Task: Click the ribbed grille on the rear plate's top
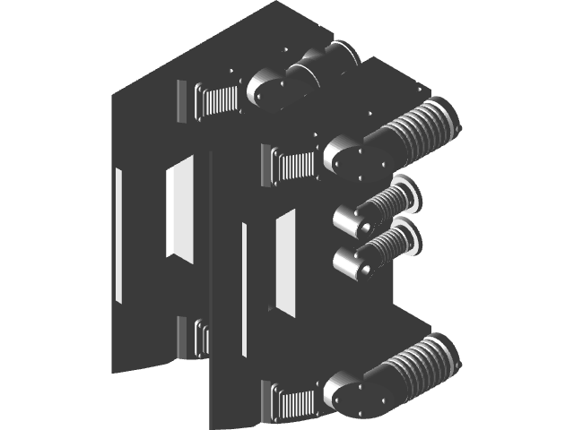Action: [219, 99]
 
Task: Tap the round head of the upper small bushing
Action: [347, 218]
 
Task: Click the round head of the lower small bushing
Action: [347, 262]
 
